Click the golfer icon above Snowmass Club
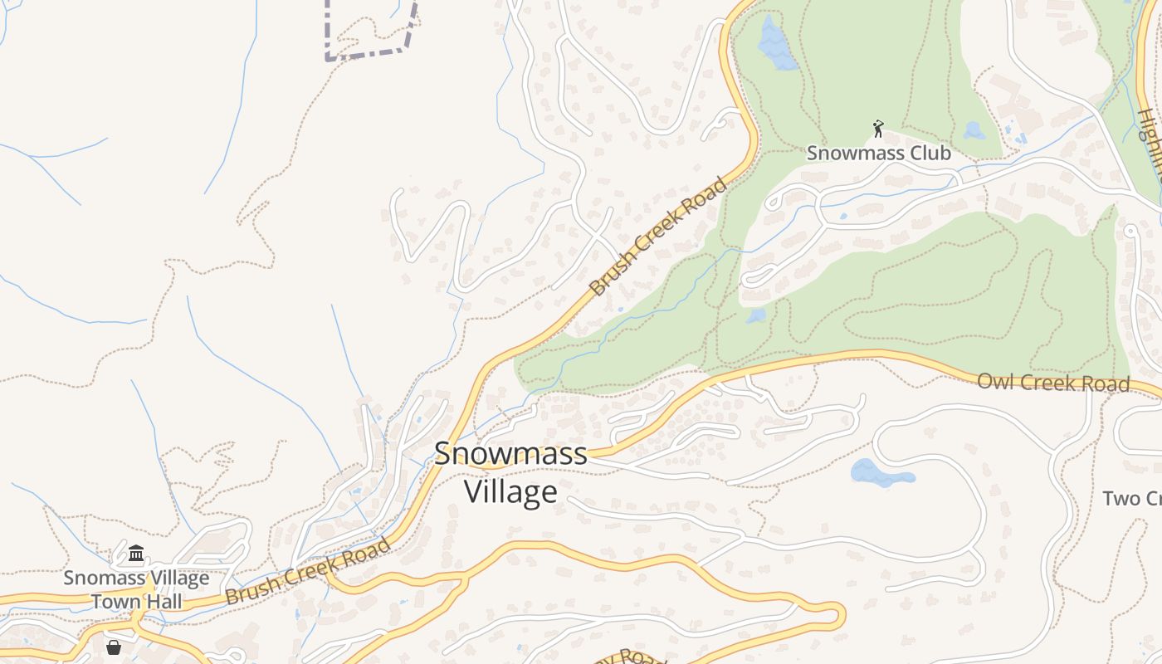click(878, 129)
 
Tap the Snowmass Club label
click(878, 154)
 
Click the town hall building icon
click(136, 553)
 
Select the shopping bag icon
click(114, 647)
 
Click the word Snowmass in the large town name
click(510, 454)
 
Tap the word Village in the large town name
click(510, 491)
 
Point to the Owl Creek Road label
click(1052, 383)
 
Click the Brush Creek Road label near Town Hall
click(307, 572)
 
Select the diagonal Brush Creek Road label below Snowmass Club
click(657, 237)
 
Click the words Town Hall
click(136, 601)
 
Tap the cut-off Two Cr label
click(1131, 498)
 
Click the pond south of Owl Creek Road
click(880, 473)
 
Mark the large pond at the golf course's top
click(775, 46)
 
